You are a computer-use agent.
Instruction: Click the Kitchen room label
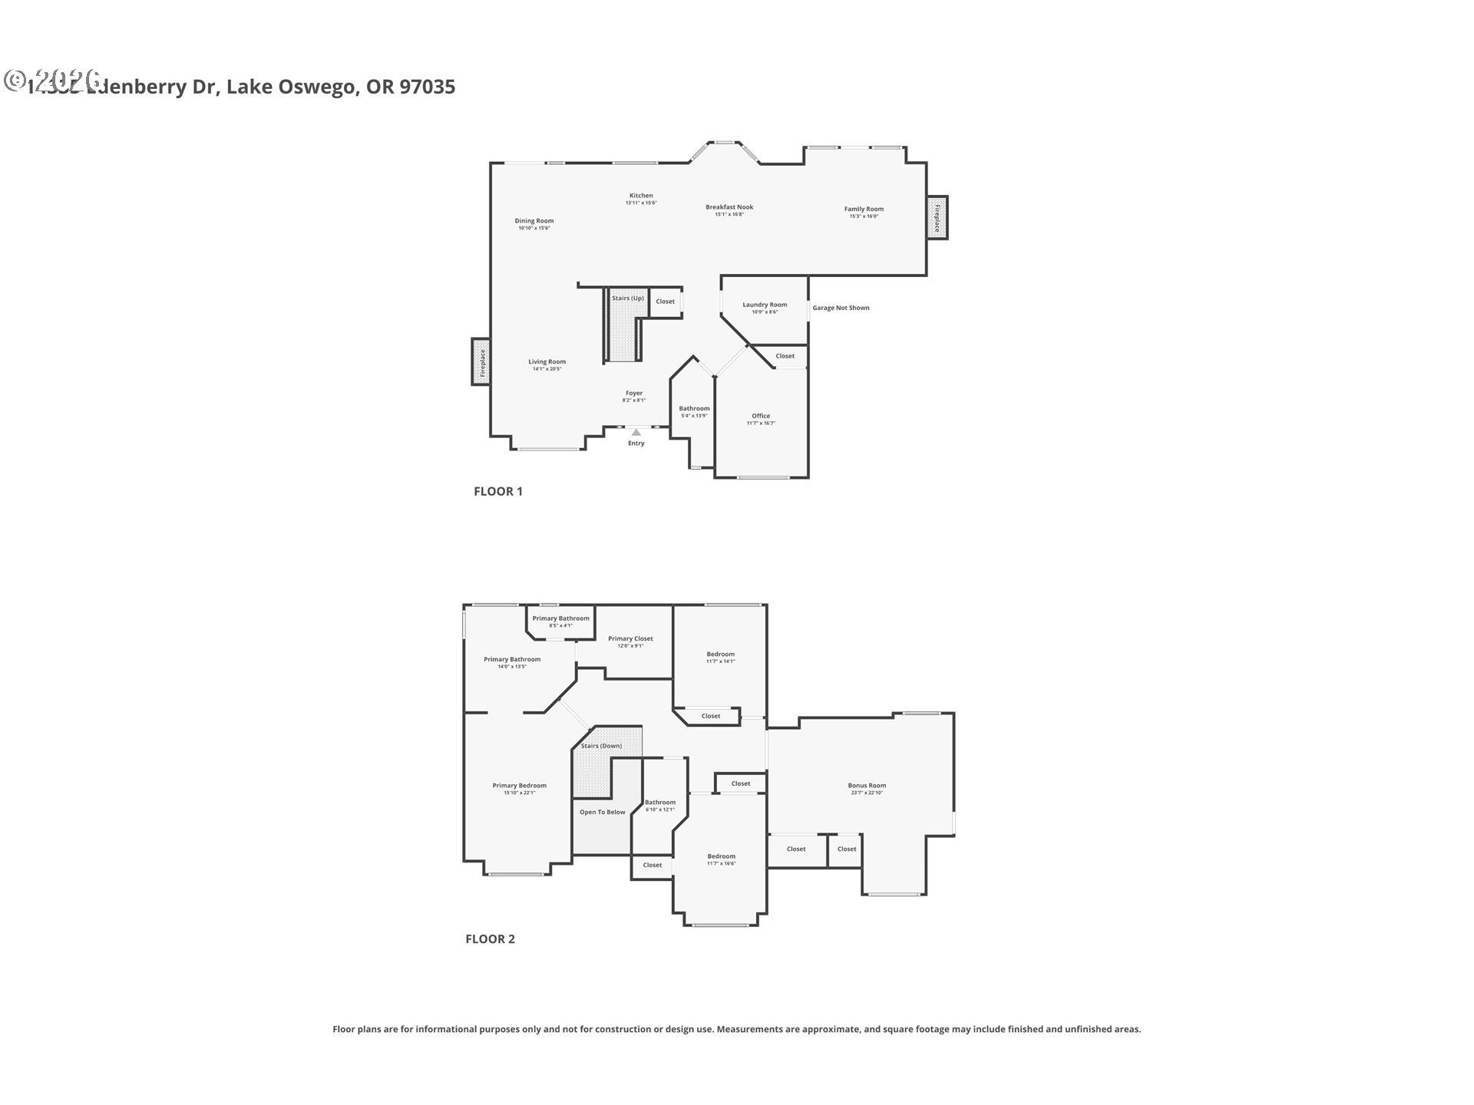[x=641, y=196]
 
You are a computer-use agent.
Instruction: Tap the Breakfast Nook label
[x=729, y=207]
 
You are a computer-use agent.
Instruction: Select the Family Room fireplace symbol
[x=937, y=218]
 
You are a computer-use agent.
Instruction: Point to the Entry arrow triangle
[x=636, y=433]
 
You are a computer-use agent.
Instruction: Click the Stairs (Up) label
[x=628, y=299]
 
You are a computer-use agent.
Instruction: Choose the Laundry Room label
[x=765, y=305]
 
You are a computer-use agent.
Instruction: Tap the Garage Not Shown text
[x=841, y=308]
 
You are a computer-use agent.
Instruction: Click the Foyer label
[x=634, y=393]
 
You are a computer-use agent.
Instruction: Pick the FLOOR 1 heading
[x=498, y=491]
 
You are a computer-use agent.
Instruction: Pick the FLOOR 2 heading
[x=490, y=938]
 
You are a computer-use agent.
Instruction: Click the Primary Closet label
[x=630, y=638]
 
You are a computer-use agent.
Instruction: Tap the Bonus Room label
[x=867, y=786]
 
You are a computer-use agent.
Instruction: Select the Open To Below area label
[x=603, y=812]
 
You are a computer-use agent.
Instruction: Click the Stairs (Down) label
[x=601, y=746]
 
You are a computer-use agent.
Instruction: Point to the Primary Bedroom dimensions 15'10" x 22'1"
[x=520, y=793]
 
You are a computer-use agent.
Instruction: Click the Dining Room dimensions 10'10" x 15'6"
[x=534, y=228]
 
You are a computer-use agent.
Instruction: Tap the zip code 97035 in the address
[x=428, y=87]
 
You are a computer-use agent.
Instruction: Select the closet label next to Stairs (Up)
[x=665, y=302]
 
